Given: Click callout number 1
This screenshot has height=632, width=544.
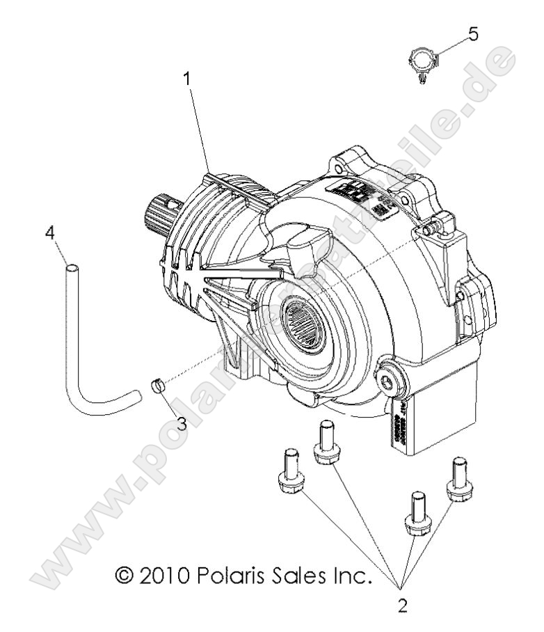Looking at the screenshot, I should coord(186,79).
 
